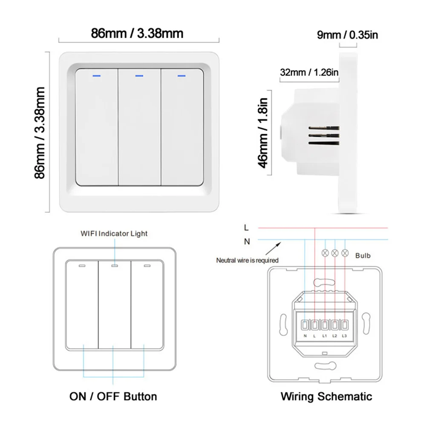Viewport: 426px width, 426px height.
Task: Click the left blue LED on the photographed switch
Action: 96,77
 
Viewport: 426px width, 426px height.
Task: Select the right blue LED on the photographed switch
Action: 182,77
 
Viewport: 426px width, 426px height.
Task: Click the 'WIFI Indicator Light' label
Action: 114,233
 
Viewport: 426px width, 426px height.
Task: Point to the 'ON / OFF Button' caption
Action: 113,397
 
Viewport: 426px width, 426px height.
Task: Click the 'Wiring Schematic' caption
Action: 326,397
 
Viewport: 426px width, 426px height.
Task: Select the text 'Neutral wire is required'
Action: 247,260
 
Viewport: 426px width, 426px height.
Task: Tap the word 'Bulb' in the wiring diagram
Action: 363,256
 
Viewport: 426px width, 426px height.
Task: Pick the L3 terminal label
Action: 345,337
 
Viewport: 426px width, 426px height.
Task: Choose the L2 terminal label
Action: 335,337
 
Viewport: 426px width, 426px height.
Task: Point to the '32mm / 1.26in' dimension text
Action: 309,72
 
